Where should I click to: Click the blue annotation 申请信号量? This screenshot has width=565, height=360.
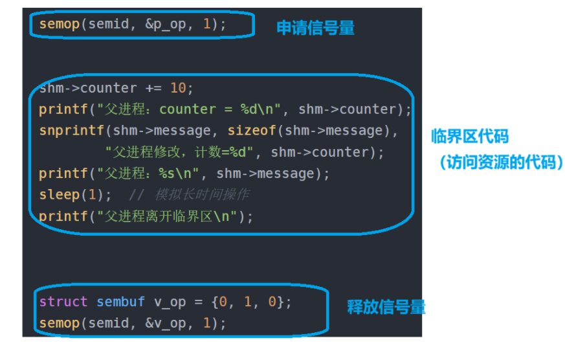[x=315, y=28]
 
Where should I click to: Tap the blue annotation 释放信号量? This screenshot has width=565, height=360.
[x=386, y=307]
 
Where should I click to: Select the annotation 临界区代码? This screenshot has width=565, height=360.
[x=470, y=137]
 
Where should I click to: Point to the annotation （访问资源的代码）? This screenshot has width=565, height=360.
[x=498, y=162]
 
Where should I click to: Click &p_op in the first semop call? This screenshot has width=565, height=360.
[x=166, y=24]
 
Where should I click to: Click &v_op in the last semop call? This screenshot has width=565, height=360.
[x=166, y=322]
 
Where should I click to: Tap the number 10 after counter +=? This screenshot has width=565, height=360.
[x=178, y=88]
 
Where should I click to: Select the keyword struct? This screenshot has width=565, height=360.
[x=63, y=302]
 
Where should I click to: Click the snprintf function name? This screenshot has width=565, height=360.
[x=71, y=131]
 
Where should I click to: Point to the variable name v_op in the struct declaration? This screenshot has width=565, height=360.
[x=170, y=302]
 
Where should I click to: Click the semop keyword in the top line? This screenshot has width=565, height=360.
[x=59, y=24]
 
